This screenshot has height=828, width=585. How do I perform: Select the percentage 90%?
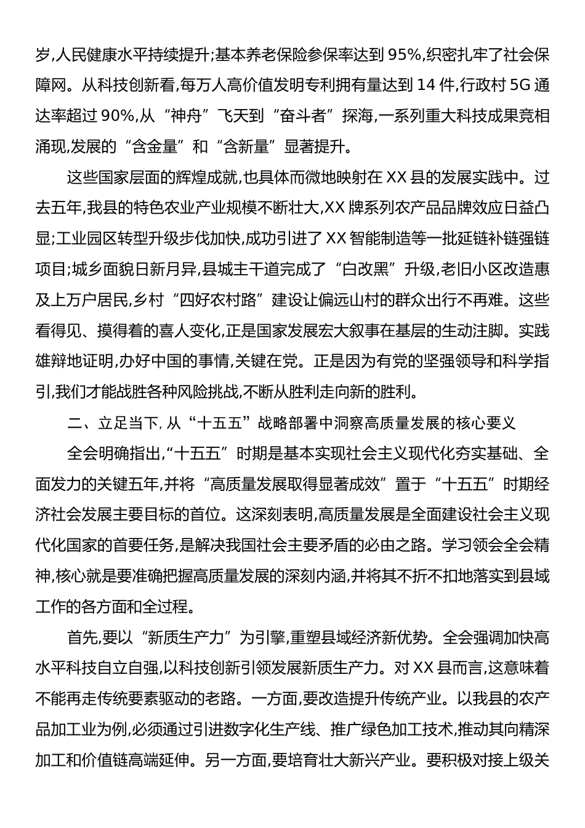tap(123, 115)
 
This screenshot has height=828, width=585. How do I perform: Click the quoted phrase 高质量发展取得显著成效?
tap(293, 484)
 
